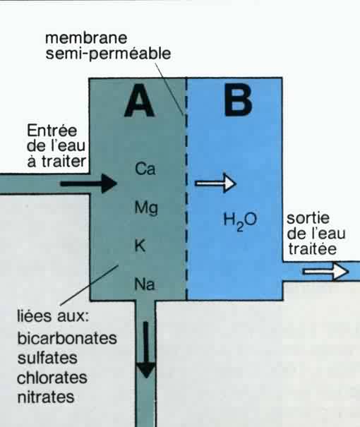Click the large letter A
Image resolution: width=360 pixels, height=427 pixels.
pyautogui.click(x=140, y=100)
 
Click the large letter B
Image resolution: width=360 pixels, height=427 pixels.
pyautogui.click(x=238, y=100)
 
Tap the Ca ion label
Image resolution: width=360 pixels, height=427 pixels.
pyautogui.click(x=145, y=169)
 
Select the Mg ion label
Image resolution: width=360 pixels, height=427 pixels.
pyautogui.click(x=146, y=208)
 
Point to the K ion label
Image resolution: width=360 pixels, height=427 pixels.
pyautogui.click(x=140, y=246)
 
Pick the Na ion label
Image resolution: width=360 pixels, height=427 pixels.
pyautogui.click(x=145, y=284)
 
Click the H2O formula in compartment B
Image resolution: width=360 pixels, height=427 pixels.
pyautogui.click(x=240, y=221)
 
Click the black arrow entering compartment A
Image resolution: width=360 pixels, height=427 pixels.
pyautogui.click(x=88, y=184)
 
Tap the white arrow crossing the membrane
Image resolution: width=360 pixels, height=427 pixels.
pyautogui.click(x=215, y=183)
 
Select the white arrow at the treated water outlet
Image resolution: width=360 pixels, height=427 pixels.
pyautogui.click(x=325, y=271)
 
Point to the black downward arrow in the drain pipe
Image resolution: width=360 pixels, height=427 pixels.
pyautogui.click(x=146, y=349)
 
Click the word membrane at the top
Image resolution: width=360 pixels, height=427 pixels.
pyautogui.click(x=86, y=38)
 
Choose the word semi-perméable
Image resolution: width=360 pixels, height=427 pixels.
pyautogui.click(x=108, y=54)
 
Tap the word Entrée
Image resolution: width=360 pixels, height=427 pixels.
pyautogui.click(x=52, y=131)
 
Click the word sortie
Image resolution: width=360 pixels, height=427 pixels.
pyautogui.click(x=308, y=218)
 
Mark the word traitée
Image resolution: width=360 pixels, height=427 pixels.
pyautogui.click(x=312, y=249)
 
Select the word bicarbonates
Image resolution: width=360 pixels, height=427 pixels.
pyautogui.click(x=67, y=338)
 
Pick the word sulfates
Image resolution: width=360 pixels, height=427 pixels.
pyautogui.click(x=47, y=358)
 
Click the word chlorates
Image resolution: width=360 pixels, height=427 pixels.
pyautogui.click(x=52, y=378)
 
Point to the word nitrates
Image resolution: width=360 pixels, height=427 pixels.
pyautogui.click(x=46, y=397)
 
